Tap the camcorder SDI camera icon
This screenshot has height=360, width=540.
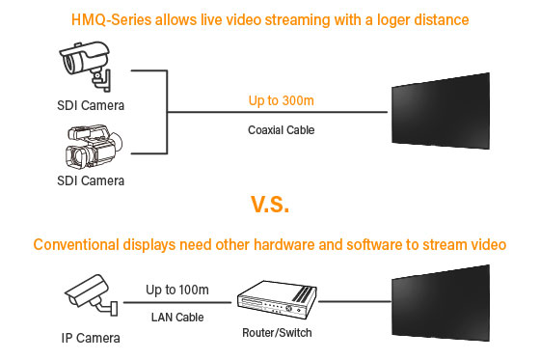coord(89,148)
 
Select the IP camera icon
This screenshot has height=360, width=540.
coord(90,296)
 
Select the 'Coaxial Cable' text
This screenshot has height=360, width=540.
coord(282,127)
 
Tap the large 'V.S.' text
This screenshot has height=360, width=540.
coord(269,205)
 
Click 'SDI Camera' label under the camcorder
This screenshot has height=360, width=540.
coord(89,180)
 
